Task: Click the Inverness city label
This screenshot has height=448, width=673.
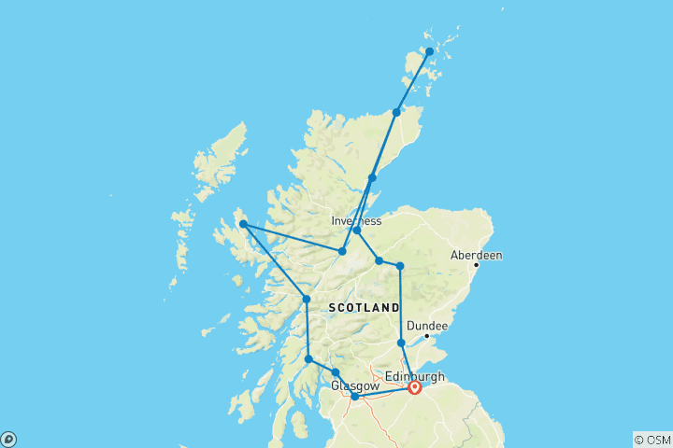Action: click(356, 221)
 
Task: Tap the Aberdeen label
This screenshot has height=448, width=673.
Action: click(476, 254)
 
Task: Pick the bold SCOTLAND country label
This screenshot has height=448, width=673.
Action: click(365, 307)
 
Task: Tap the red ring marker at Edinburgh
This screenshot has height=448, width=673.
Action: click(414, 387)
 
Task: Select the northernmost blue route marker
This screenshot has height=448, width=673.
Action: click(429, 51)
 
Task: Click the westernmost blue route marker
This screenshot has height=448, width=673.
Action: click(243, 224)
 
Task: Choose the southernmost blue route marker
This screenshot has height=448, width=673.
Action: click(355, 397)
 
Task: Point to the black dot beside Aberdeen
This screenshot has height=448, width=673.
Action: click(476, 265)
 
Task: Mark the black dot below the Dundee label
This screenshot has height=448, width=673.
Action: click(426, 336)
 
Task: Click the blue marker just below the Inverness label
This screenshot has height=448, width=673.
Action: click(357, 230)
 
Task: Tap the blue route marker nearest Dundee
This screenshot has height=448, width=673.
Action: click(401, 343)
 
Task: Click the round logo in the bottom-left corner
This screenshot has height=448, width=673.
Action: click(8, 439)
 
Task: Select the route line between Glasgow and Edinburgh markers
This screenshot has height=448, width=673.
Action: click(384, 392)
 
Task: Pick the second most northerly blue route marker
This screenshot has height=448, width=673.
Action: click(396, 112)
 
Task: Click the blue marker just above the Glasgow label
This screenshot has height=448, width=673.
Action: click(336, 372)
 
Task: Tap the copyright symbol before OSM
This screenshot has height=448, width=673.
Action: click(639, 440)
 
